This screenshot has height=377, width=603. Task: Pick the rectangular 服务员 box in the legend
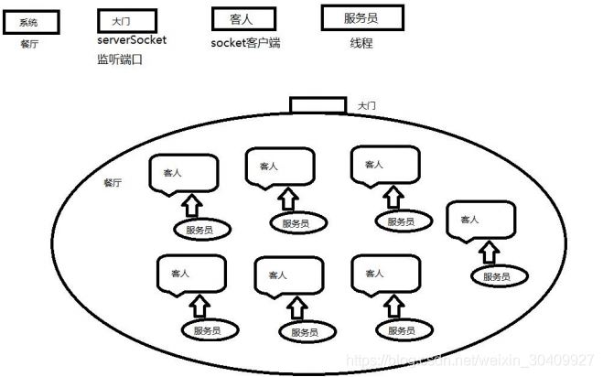[350, 17]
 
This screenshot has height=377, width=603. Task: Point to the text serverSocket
[132, 41]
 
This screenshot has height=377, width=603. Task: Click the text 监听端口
[121, 60]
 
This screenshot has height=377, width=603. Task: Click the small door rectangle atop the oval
[318, 105]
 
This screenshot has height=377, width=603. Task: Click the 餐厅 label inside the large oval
[115, 182]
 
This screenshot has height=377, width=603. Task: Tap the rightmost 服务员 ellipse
[495, 276]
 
